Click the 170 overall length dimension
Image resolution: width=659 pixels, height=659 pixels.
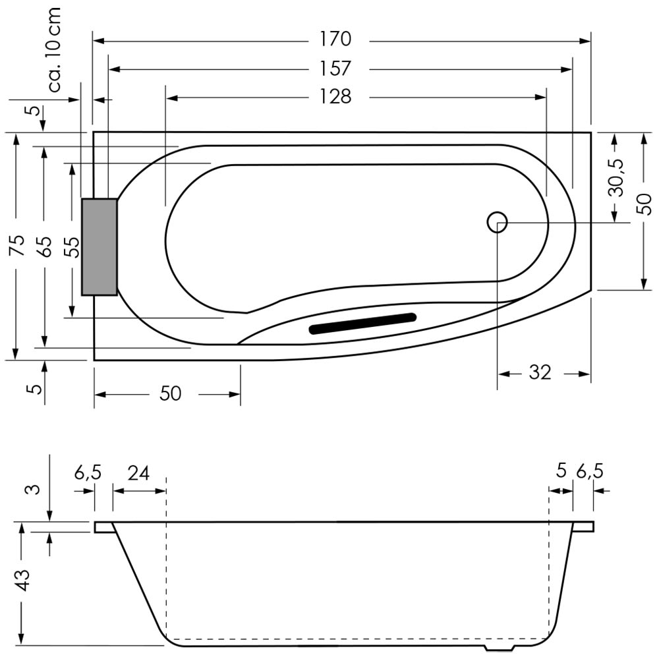(335, 39)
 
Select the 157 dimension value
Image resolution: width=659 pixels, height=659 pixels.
(335, 69)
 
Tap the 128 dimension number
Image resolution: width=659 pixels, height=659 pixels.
(335, 97)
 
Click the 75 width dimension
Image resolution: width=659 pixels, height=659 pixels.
(18, 245)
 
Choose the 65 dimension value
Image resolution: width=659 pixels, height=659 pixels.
(44, 246)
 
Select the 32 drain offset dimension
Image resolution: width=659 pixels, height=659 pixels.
(540, 372)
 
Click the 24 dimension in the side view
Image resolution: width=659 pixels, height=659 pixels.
(138, 474)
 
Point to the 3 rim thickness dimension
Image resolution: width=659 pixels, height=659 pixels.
(35, 489)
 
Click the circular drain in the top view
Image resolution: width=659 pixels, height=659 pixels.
(497, 221)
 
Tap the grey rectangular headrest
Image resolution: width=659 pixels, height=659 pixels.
(100, 246)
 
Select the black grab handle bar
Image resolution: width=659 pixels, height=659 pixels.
(362, 323)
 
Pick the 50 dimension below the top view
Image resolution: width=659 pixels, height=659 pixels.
(170, 394)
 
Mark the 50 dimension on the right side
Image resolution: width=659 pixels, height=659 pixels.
(643, 204)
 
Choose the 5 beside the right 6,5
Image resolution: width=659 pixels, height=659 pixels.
(561, 472)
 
